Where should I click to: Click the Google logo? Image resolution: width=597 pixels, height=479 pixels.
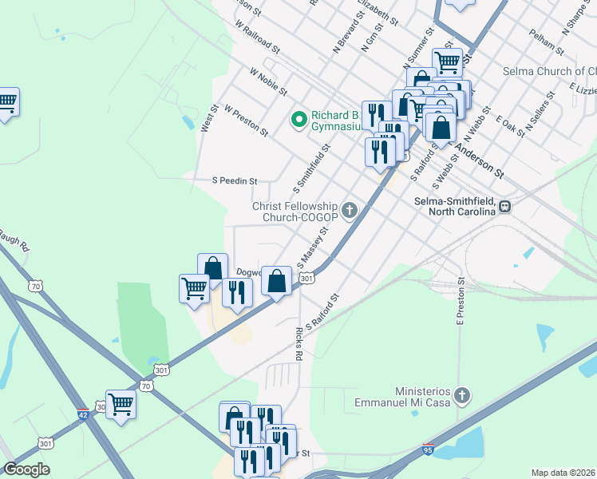point(26,469)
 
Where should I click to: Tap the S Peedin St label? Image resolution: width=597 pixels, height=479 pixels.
point(235,181)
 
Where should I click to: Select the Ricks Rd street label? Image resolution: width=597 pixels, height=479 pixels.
point(298,342)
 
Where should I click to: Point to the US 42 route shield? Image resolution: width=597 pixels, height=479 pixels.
point(84,414)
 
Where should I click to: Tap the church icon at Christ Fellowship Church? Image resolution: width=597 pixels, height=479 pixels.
point(349,211)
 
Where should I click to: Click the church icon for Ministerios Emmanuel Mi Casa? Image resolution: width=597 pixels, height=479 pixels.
point(462,395)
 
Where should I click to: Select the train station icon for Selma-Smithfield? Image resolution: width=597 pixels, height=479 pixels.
point(505,207)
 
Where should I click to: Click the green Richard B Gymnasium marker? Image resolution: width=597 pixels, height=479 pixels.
point(299,120)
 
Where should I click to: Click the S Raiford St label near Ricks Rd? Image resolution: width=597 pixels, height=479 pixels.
point(322,311)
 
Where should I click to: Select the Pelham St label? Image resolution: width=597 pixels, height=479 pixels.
point(546,42)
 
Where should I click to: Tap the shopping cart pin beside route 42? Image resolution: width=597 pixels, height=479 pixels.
point(121,403)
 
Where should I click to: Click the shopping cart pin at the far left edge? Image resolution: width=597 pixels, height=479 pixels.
point(6,101)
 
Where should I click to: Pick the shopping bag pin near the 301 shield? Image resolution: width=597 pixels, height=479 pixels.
point(276,281)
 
